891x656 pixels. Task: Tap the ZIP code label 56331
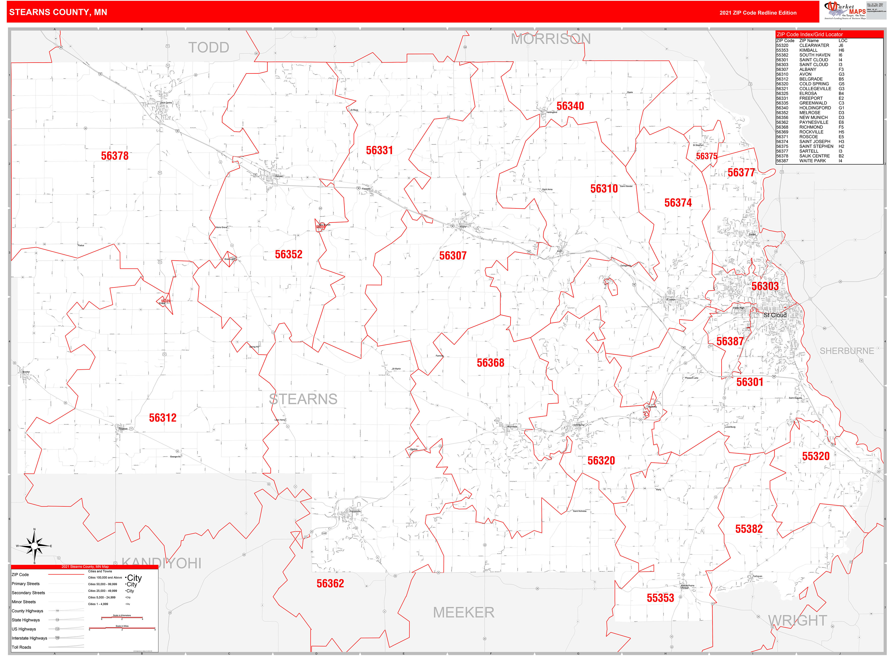click(x=379, y=150)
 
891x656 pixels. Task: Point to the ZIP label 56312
click(x=163, y=418)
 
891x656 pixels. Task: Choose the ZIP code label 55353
click(x=660, y=598)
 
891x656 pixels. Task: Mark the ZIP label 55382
click(x=749, y=529)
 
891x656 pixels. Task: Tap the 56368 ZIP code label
click(x=490, y=363)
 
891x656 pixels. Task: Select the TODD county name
click(x=209, y=48)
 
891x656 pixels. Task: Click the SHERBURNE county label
click(x=847, y=351)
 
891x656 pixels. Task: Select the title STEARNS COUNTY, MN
click(x=58, y=12)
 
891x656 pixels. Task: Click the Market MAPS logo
click(x=845, y=11)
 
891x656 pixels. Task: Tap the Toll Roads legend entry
click(x=21, y=647)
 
